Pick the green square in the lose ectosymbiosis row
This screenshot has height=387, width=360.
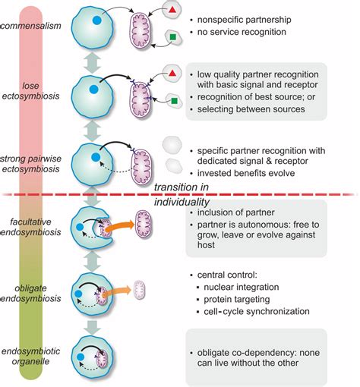tap(174, 99)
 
